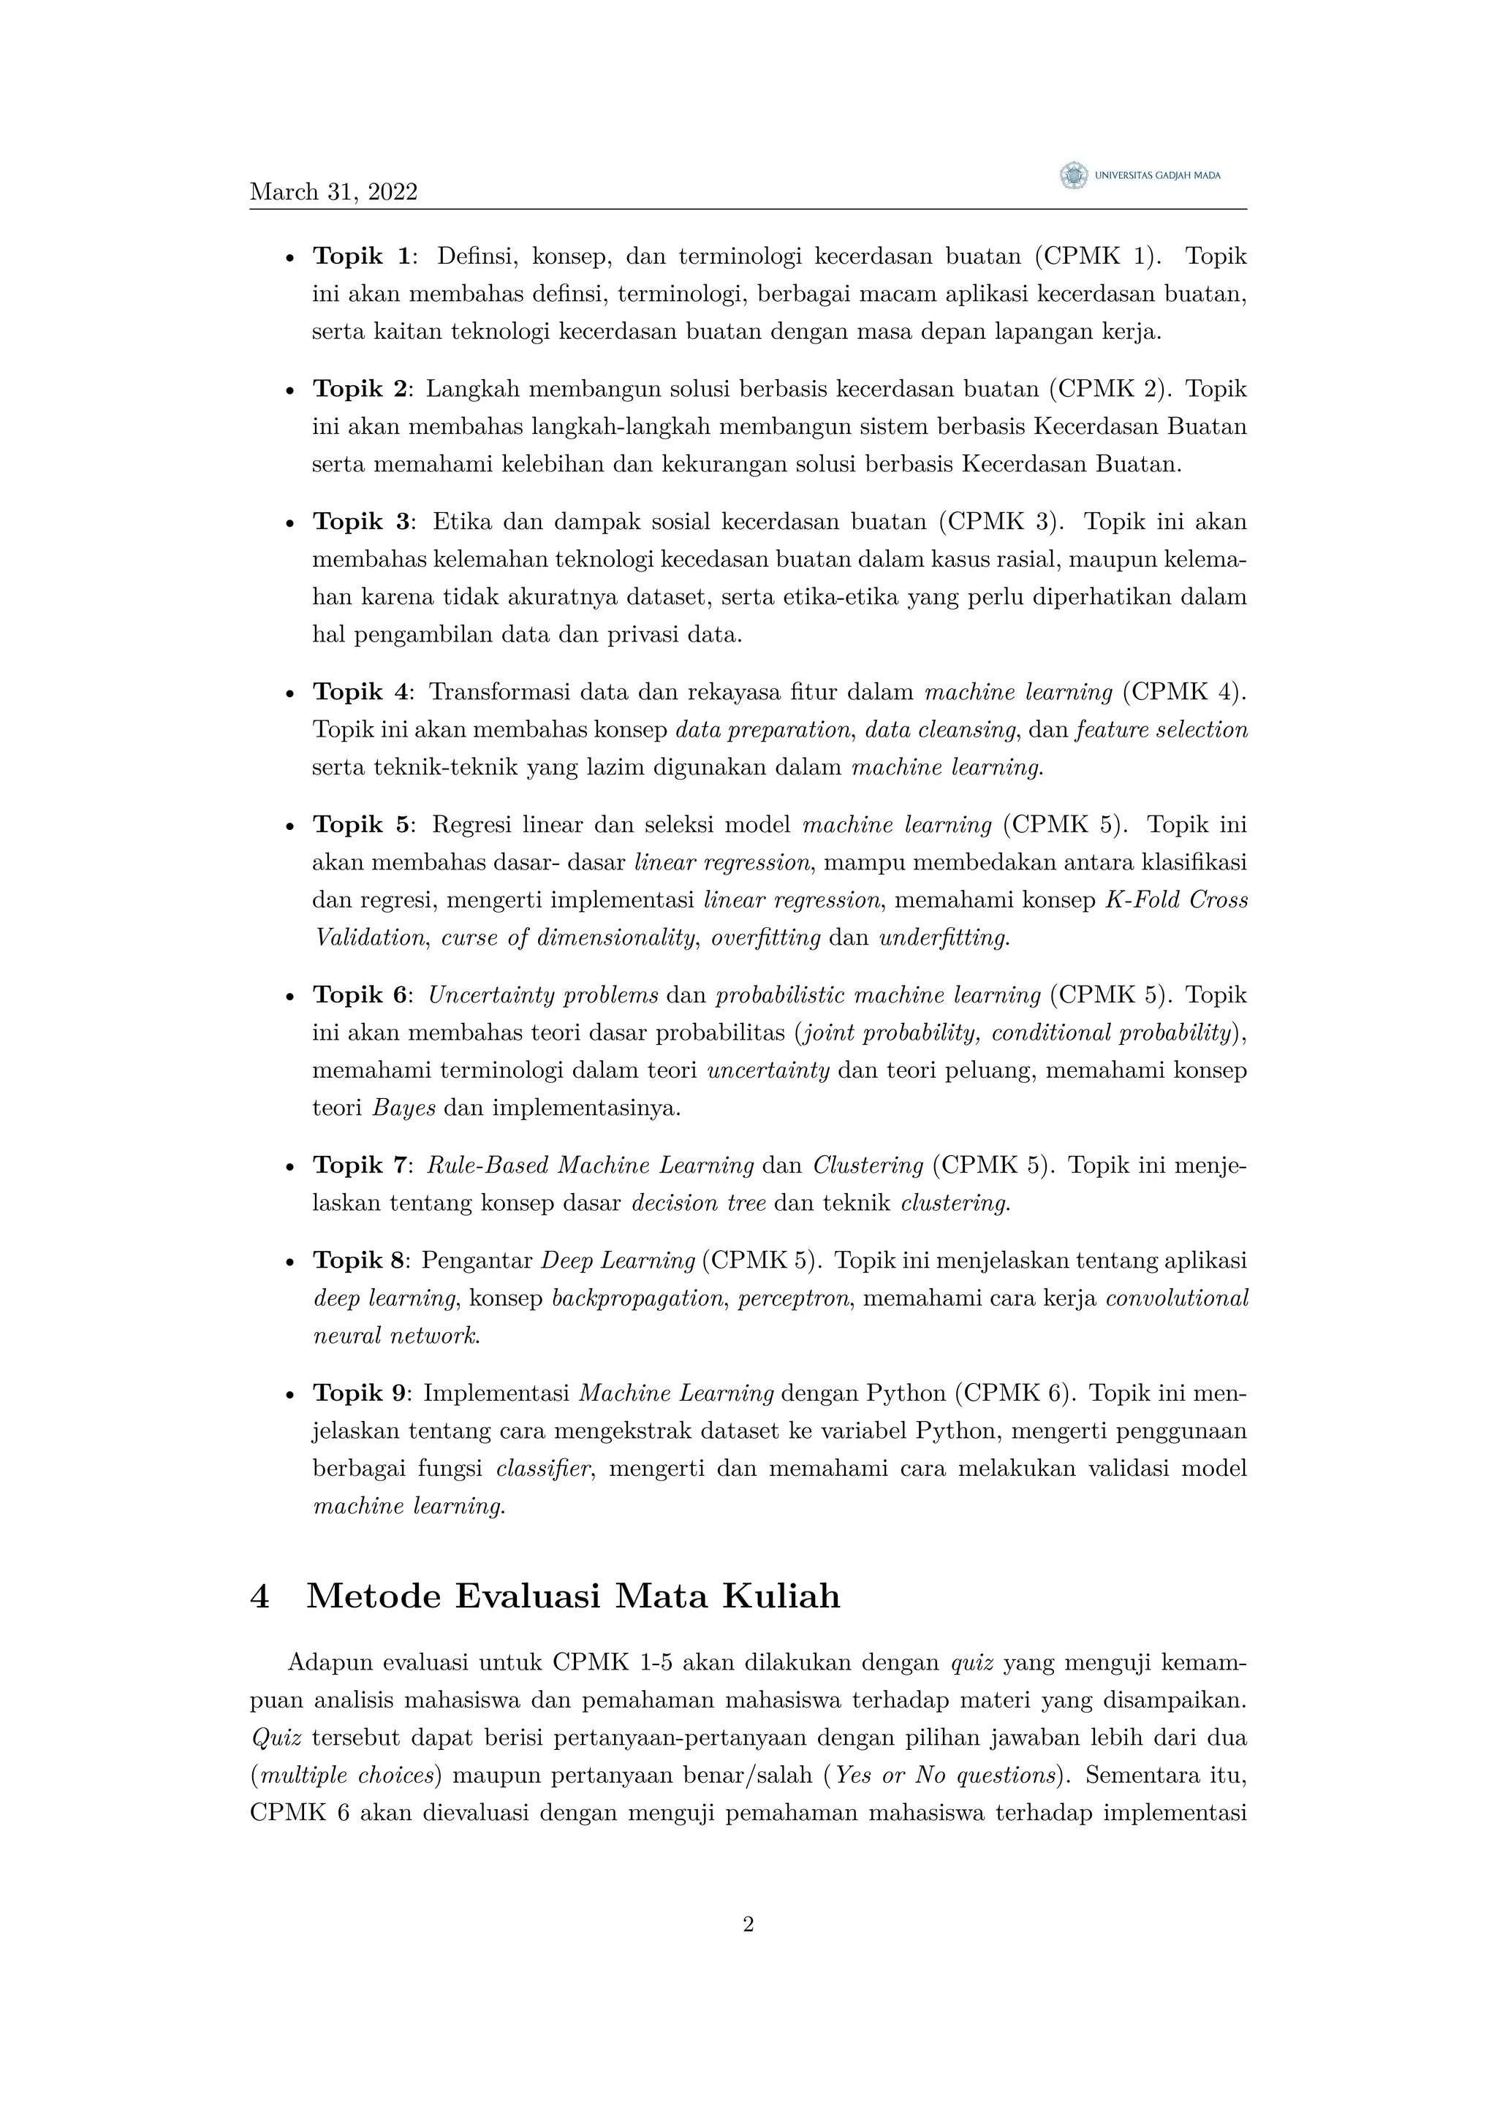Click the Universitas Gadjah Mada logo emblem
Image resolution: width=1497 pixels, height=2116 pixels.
click(x=1072, y=175)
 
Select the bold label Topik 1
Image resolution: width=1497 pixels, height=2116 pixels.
click(x=360, y=256)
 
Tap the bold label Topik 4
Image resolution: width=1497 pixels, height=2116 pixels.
click(x=360, y=692)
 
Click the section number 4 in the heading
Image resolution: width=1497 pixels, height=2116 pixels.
click(x=260, y=1596)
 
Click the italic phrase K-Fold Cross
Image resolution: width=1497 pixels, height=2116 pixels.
click(x=1176, y=900)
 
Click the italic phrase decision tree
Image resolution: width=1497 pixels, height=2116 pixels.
click(x=699, y=1203)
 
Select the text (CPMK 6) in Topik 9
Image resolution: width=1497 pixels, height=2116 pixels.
click(x=1014, y=1393)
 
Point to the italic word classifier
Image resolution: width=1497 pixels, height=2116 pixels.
click(x=543, y=1469)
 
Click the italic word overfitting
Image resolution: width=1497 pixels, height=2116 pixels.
click(x=766, y=938)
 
